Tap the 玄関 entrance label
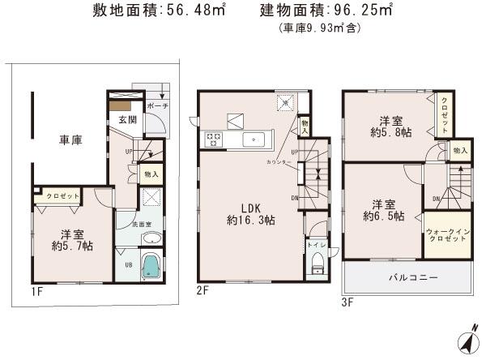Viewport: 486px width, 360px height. click(128, 120)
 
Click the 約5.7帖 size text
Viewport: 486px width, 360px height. click(71, 245)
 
